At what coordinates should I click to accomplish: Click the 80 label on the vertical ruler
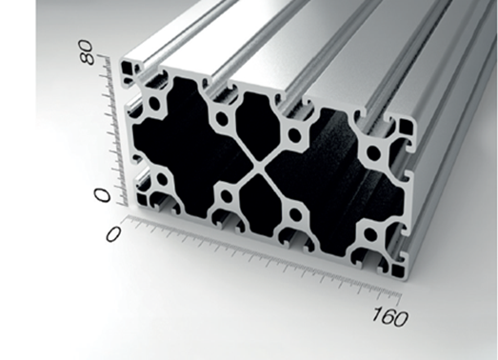click(88, 52)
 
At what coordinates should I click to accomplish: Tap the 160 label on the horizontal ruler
click(390, 316)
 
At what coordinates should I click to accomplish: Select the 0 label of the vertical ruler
click(102, 194)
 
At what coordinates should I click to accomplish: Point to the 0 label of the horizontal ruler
click(113, 234)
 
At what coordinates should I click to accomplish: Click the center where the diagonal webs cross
click(259, 166)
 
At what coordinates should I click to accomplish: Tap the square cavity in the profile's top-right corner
click(406, 127)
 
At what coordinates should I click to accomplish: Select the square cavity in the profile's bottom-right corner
click(398, 270)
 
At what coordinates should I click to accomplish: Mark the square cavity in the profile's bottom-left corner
click(143, 201)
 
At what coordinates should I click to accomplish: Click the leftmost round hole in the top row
click(154, 104)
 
